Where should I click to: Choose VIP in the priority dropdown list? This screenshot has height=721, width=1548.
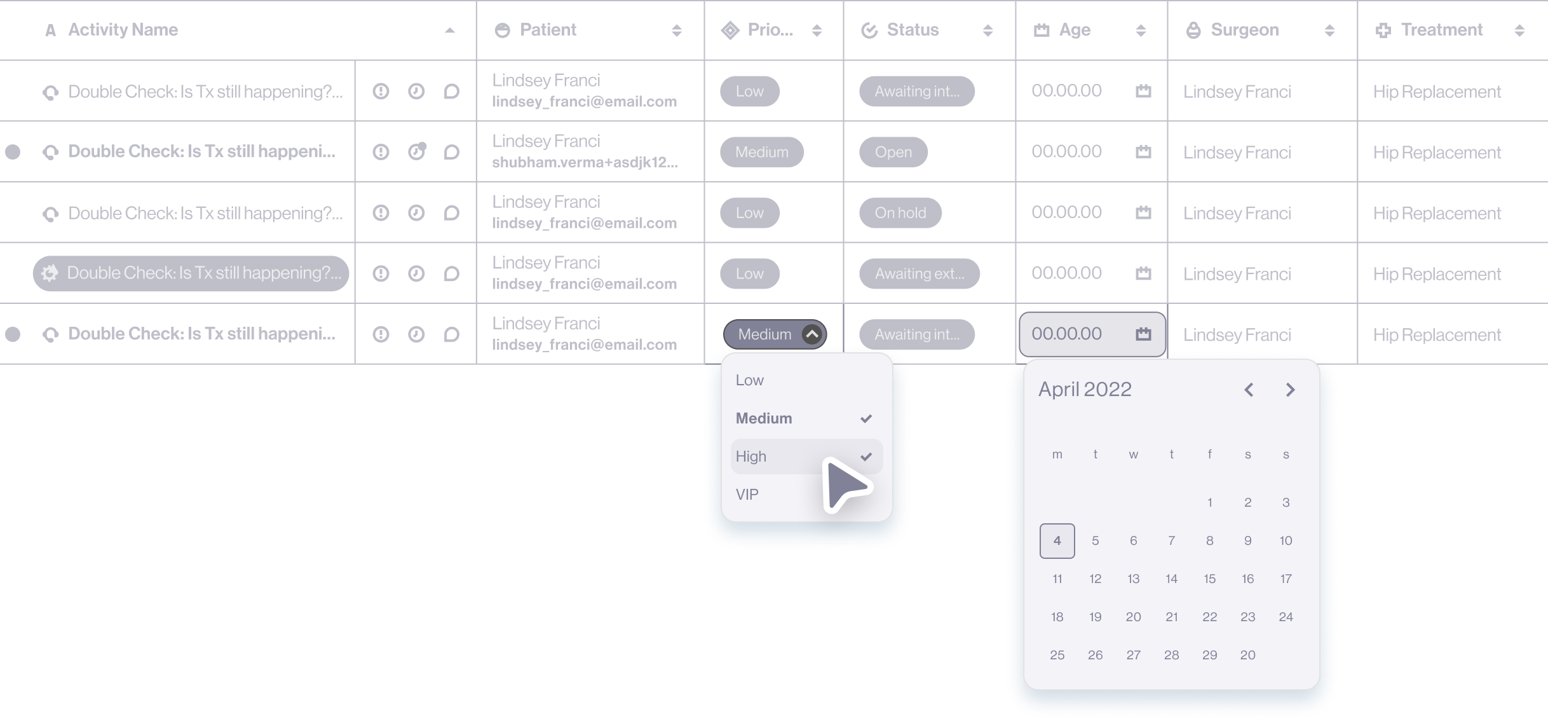pos(747,495)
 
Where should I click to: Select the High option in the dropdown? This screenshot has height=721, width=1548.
pos(751,457)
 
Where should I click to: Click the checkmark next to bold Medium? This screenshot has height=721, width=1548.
pos(866,418)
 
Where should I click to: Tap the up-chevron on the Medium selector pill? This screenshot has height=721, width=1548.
pos(812,334)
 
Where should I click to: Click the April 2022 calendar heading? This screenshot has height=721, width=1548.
pos(1085,389)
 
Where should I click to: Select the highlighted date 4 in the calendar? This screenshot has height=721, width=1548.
pos(1057,541)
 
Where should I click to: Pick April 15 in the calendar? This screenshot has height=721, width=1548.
pos(1209,579)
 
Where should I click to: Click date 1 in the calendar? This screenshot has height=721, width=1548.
pos(1209,503)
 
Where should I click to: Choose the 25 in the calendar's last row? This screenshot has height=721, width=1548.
pos(1057,656)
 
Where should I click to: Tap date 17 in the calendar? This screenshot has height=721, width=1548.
pos(1286,579)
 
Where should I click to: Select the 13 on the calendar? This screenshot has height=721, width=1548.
pos(1133,579)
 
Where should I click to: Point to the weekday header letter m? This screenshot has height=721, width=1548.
pos(1057,455)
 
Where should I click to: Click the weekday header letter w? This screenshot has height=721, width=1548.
pos(1133,455)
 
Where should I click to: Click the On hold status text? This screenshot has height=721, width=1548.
pos(900,213)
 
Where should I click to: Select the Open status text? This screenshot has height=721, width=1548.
pos(893,153)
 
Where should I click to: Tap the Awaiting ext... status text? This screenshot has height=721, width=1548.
pos(919,274)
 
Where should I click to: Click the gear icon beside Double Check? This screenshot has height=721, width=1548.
pos(50,273)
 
